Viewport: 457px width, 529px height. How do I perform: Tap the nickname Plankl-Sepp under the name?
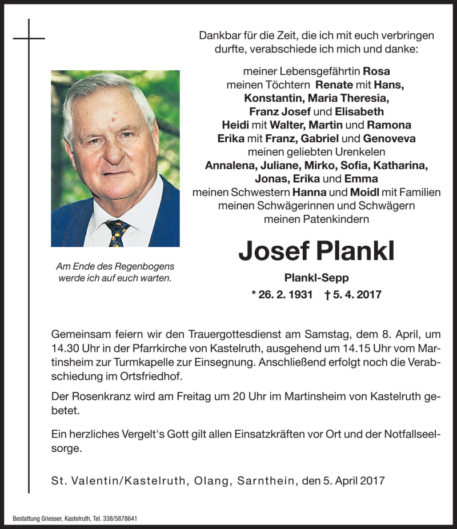(x=316, y=278)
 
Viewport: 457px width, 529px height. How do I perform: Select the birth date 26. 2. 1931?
(x=283, y=295)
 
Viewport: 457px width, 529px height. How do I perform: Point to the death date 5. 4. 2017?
(x=354, y=295)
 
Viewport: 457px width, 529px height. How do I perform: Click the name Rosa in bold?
(x=376, y=71)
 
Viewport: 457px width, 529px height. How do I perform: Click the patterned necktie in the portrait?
(x=118, y=232)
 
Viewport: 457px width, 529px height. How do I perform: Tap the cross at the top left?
(x=29, y=38)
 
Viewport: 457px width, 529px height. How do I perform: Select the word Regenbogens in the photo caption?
(x=146, y=266)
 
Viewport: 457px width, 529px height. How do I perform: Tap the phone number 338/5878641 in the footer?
(x=116, y=519)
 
